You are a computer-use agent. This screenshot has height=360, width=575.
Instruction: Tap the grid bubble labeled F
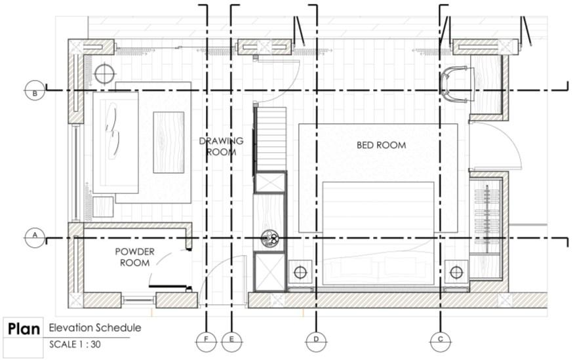click(206, 341)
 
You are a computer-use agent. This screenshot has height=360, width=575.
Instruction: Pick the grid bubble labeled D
click(315, 341)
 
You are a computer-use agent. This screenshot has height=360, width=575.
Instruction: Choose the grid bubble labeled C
click(440, 341)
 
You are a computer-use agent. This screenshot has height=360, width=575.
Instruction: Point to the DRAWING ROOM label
click(221, 146)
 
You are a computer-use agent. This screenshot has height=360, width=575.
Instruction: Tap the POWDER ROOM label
click(134, 257)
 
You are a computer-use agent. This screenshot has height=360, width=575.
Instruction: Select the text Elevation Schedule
click(94, 327)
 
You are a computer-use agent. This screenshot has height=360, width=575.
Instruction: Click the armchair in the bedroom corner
click(457, 85)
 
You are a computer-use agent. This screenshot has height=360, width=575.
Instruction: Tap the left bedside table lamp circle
click(302, 272)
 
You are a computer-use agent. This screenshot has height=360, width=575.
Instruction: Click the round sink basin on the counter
click(269, 239)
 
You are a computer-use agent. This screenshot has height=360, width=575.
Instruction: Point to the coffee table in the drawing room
click(169, 142)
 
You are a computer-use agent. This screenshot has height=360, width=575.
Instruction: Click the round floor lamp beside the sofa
click(104, 73)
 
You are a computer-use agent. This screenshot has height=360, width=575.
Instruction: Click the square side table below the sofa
click(102, 207)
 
